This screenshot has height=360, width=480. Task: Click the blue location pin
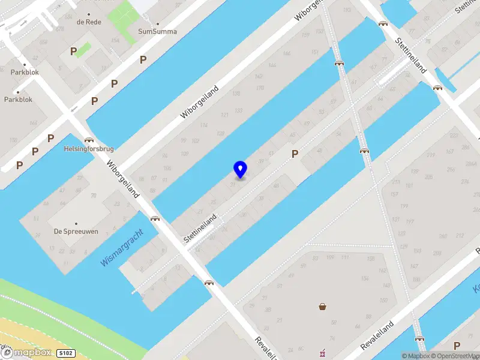[240, 169]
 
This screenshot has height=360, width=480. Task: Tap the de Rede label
[89, 22]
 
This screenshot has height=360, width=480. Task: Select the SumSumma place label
[157, 31]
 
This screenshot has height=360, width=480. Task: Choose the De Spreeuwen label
[75, 231]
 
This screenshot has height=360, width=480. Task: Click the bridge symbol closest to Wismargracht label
[155, 219]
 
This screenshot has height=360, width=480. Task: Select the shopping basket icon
[323, 307]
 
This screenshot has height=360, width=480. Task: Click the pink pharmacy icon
[323, 352]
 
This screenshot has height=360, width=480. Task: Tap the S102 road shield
[67, 353]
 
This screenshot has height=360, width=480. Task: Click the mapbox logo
[28, 353]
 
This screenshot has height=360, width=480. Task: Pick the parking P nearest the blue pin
[295, 154]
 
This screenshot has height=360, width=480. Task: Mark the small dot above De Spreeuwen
[76, 223]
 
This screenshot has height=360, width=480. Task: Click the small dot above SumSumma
[157, 24]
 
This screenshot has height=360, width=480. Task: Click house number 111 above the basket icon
[345, 258]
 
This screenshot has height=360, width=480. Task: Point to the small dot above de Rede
[89, 14]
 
